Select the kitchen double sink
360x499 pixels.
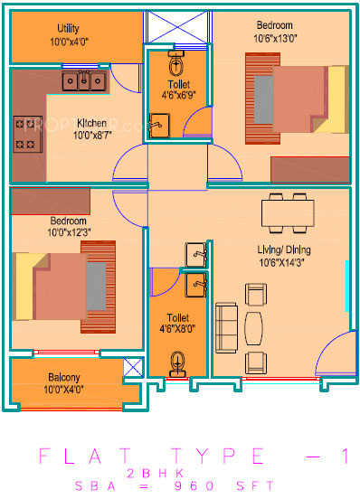click(x=83, y=81)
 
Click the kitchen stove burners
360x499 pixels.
click(x=24, y=132)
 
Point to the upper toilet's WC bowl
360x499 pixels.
click(x=176, y=65)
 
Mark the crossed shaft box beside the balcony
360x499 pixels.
click(x=133, y=368)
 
